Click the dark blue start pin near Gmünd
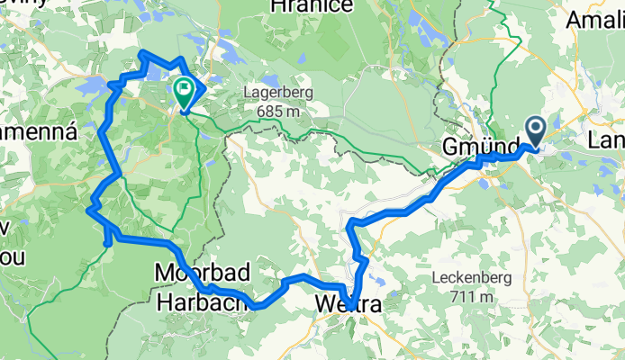coord(535,131)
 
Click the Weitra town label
coord(348,306)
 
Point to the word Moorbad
coord(201,271)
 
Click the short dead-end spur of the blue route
coord(107,238)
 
